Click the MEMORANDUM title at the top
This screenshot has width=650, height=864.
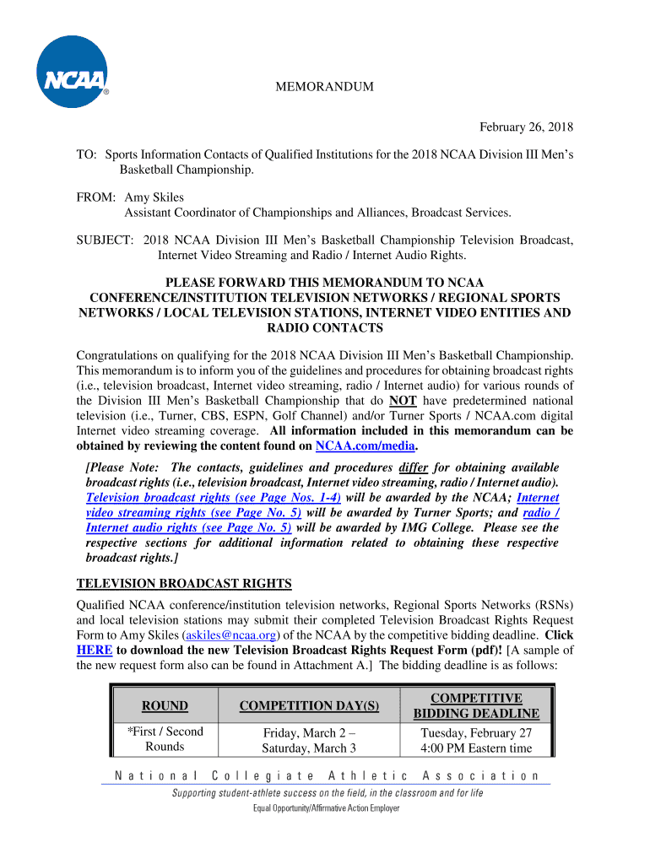(x=325, y=88)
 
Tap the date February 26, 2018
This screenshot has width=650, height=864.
(x=526, y=127)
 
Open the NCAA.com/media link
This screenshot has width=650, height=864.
(x=365, y=445)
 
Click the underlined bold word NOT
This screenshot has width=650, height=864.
(x=403, y=400)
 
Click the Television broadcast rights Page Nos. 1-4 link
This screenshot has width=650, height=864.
(x=214, y=498)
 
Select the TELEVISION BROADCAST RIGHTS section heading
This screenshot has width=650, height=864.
(x=184, y=583)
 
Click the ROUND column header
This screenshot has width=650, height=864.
(x=165, y=705)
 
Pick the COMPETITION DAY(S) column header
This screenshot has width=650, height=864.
(x=309, y=705)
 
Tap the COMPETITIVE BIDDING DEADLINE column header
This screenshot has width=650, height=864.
(x=477, y=705)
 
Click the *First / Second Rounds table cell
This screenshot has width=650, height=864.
(x=165, y=739)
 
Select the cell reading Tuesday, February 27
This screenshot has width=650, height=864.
(x=477, y=732)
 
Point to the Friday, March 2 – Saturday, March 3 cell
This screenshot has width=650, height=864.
(x=309, y=740)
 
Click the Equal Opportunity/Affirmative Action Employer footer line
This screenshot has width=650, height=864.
(x=327, y=807)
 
